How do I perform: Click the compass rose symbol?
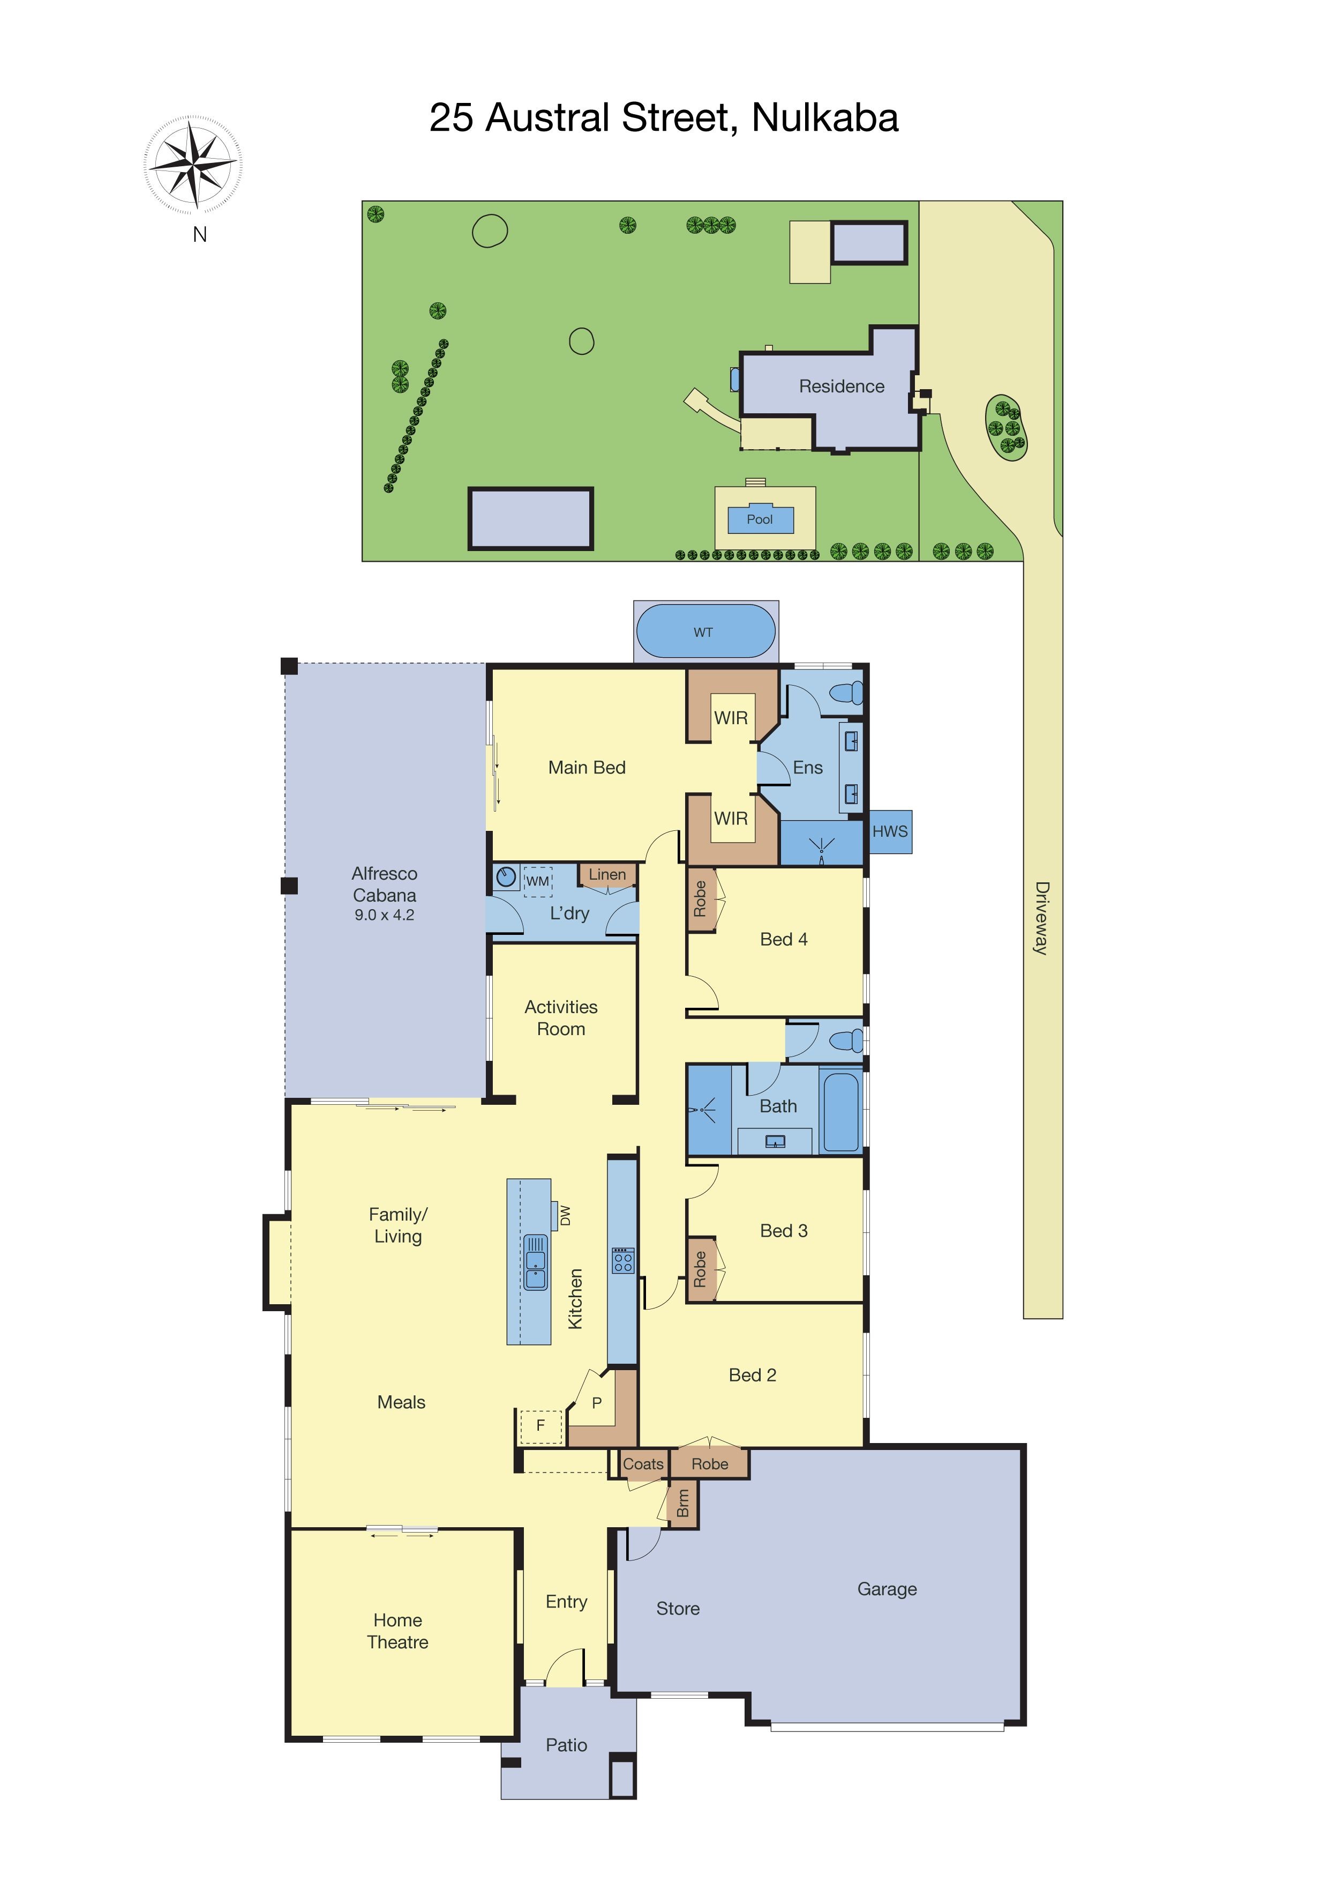coord(193,164)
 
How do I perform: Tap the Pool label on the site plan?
coord(760,519)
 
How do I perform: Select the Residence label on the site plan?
coord(842,386)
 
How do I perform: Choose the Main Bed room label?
coord(587,768)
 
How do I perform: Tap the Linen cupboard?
coord(607,875)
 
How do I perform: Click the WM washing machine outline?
coord(537,881)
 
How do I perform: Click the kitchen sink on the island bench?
coord(536,1262)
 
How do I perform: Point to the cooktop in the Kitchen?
coord(622,1260)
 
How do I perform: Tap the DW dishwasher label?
coord(565,1216)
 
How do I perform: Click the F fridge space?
coord(540,1426)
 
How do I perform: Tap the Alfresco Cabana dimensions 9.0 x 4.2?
coord(385,915)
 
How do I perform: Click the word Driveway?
coord(1041,918)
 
